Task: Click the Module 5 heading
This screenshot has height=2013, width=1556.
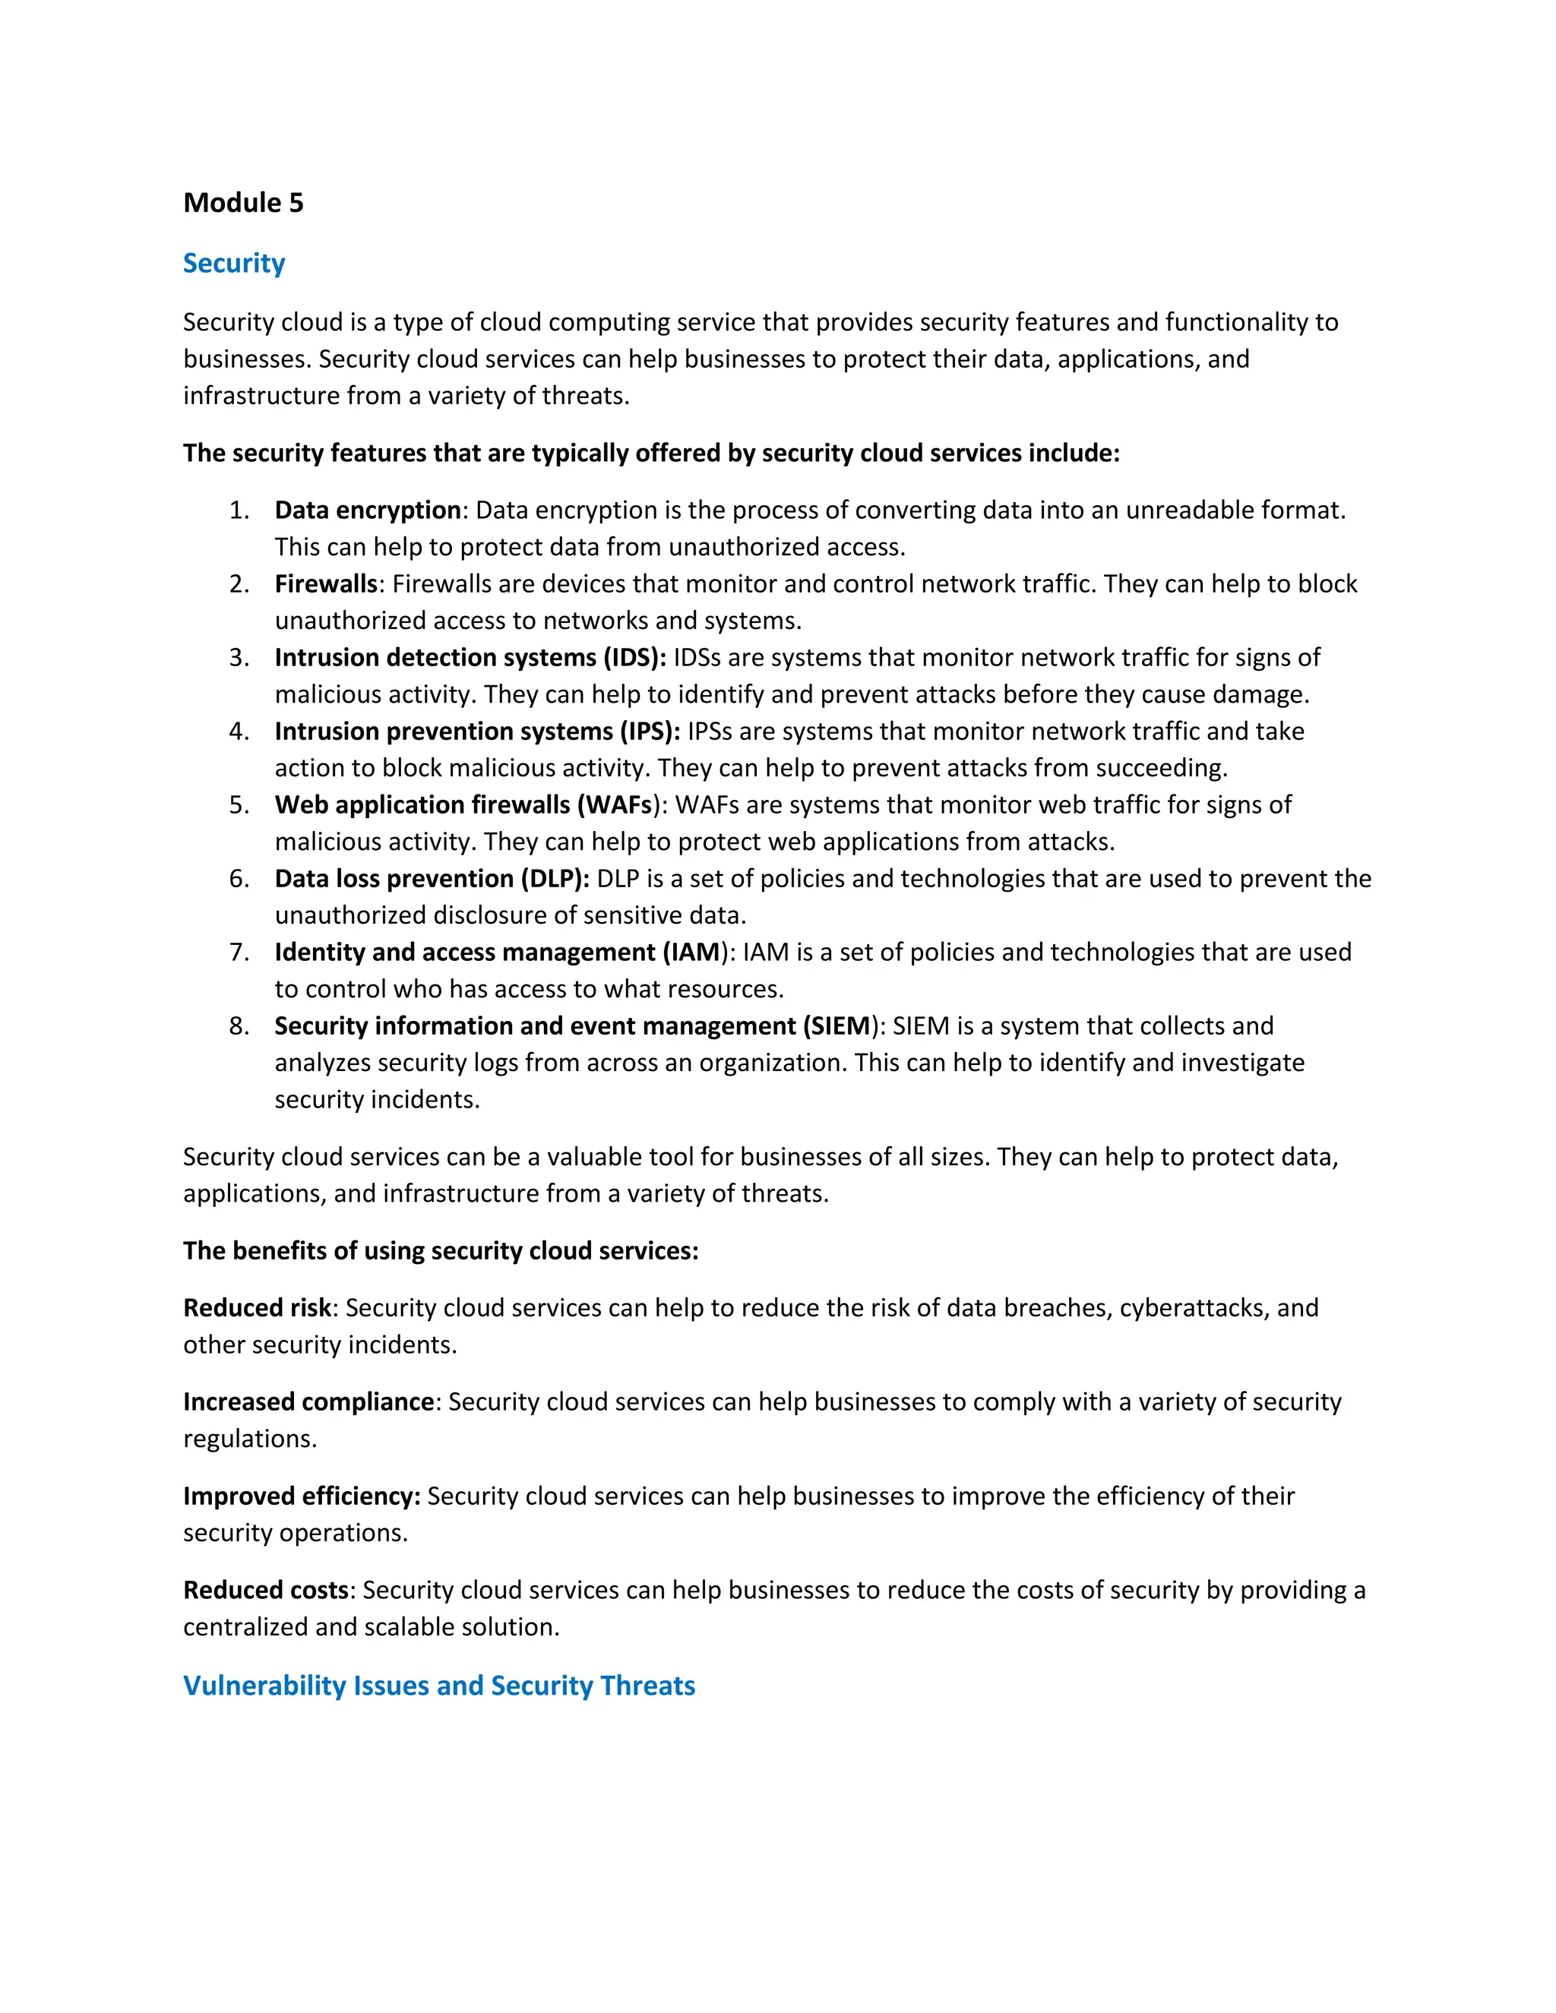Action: coord(243,203)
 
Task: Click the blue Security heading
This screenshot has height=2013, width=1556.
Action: coord(234,264)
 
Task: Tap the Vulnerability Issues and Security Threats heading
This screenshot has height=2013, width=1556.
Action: coord(439,1686)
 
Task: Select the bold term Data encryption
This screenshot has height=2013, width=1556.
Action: coord(368,510)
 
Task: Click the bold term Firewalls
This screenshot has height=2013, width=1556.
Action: coord(326,584)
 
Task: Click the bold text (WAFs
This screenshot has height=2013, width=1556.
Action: coord(615,805)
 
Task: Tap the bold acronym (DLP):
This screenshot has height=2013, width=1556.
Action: coord(555,880)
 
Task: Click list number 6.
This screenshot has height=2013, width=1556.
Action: coord(239,880)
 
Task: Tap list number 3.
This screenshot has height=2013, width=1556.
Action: coord(239,658)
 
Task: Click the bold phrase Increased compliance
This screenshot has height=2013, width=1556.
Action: coord(308,1403)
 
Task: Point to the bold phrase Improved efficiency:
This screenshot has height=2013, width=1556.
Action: coord(302,1497)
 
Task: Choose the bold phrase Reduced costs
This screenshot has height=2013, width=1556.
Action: coord(265,1591)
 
